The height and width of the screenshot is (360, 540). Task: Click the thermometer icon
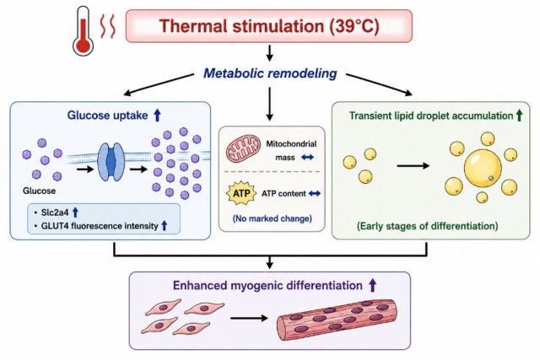83,32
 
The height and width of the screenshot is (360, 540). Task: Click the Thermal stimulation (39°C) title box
268,26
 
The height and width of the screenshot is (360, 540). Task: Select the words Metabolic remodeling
270,73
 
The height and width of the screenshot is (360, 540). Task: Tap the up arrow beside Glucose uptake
157,115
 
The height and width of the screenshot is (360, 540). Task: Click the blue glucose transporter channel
111,161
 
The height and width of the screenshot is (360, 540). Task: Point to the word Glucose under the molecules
39,191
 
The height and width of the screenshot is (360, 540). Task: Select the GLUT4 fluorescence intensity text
100,226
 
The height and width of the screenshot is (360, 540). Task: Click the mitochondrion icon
243,148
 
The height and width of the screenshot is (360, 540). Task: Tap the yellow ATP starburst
241,193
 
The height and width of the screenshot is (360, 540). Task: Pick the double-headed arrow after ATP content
314,194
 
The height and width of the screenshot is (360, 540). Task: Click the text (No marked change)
273,218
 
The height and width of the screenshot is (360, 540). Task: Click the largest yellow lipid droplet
483,169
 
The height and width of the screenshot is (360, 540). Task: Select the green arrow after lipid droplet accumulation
519,116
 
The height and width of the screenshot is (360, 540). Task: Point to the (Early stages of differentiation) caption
428,226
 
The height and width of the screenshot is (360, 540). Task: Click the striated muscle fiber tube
337,318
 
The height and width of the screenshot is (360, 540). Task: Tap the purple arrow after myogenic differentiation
372,285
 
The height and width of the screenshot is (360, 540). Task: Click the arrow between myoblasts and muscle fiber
249,318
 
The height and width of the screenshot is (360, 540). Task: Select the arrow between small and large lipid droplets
413,166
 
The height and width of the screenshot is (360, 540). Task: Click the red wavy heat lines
107,27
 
